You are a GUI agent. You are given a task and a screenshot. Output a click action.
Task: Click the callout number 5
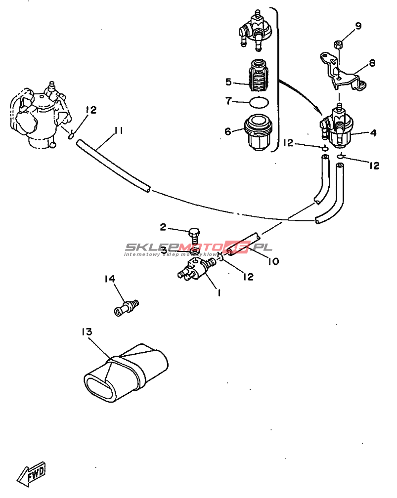tap(228, 82)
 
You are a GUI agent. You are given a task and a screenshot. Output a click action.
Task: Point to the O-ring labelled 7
tap(259, 102)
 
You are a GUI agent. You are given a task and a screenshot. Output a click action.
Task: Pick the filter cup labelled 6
tap(259, 132)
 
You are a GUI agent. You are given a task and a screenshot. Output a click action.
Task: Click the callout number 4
tap(373, 133)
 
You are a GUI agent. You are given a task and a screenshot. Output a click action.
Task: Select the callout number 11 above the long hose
tap(118, 131)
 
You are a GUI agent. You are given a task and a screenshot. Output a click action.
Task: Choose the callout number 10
tap(273, 261)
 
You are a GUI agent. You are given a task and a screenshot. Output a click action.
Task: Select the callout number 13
tap(87, 332)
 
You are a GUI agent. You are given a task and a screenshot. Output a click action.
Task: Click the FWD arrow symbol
tap(32, 475)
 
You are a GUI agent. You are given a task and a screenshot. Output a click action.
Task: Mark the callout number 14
tap(109, 279)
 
